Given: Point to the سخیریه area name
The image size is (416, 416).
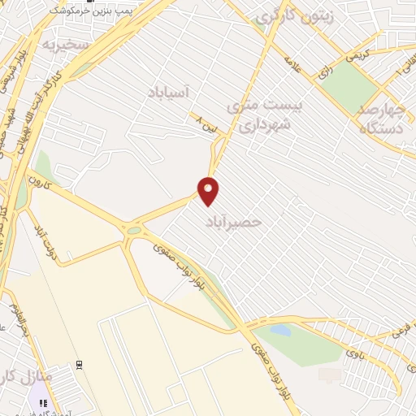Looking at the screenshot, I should click(66, 43).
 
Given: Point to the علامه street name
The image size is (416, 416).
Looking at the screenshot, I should click(292, 64).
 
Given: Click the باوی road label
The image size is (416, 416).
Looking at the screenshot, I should click(351, 352).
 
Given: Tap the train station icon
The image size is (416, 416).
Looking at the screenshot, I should click(79, 365).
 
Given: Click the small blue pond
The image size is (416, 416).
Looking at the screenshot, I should click(279, 331).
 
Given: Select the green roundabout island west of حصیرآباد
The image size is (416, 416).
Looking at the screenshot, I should click(132, 231).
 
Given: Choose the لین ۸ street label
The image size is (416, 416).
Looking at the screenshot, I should click(209, 123).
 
